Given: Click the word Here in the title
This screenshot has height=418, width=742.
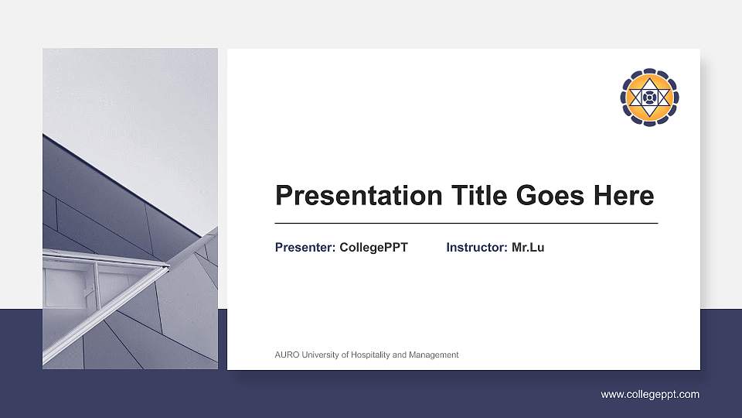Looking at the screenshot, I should pos(623,196).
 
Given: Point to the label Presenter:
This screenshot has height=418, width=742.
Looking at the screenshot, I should pos(305,248).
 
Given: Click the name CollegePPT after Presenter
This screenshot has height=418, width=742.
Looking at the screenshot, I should pos(373,248).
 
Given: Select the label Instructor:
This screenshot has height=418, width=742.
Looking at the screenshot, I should pos(477,248).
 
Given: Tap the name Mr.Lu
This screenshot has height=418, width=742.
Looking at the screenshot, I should pos(528,248).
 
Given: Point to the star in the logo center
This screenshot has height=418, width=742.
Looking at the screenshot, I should pos(649,97).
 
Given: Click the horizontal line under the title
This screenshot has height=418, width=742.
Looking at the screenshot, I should pos(466,223).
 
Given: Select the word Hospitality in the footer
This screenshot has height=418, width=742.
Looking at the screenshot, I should pos(370,355).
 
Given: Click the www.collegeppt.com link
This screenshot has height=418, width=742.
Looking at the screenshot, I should pos(650,395).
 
